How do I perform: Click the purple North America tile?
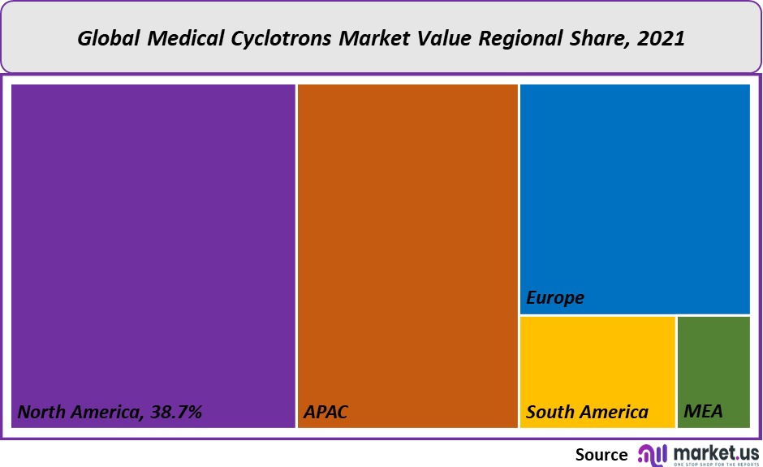tap(153, 244)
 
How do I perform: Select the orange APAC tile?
tap(407, 244)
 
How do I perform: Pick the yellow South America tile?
tap(597, 365)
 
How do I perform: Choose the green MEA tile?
tap(713, 365)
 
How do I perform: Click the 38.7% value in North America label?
tap(175, 412)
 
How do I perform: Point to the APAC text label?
tap(325, 412)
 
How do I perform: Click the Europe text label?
tap(555, 298)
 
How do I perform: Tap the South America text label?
tap(587, 412)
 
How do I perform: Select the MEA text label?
tap(703, 412)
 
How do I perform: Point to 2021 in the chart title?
tap(662, 38)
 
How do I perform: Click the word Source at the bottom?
tap(601, 454)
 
